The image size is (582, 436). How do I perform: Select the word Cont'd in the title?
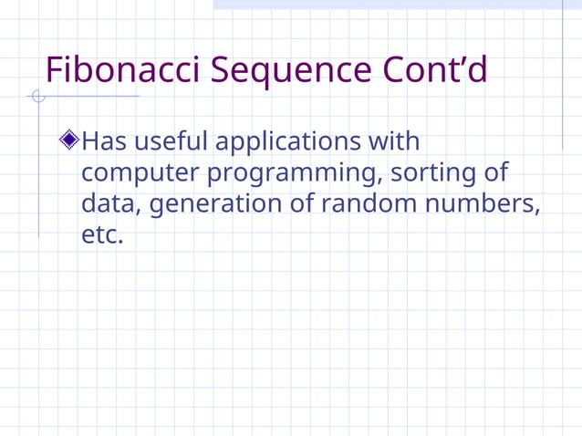coord(433,70)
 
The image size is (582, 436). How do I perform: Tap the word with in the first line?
coord(393,142)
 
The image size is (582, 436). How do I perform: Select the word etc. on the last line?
coord(100,234)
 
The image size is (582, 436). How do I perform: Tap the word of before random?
coord(302,203)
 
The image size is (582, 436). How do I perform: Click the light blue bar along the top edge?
coord(397,5)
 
